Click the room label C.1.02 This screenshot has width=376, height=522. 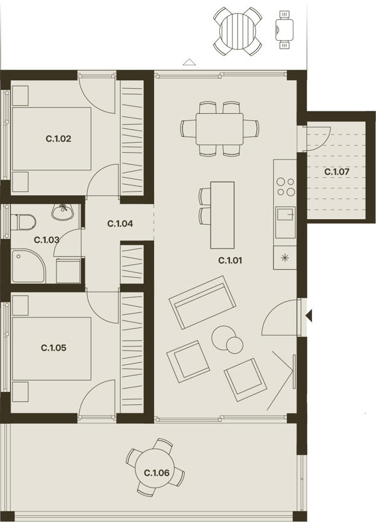click(x=58, y=138)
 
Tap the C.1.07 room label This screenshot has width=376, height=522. click(x=337, y=171)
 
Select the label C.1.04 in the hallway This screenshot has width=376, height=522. click(x=120, y=223)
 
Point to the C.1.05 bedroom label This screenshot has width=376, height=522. click(x=54, y=348)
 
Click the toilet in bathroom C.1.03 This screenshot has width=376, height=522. click(x=23, y=222)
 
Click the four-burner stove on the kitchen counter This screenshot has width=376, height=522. click(x=286, y=187)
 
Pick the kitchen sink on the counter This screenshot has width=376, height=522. click(x=285, y=222)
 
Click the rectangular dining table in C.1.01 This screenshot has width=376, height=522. click(x=219, y=129)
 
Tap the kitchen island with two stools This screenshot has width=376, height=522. click(x=222, y=215)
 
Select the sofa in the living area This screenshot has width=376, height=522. click(x=202, y=302)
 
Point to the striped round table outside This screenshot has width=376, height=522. click(x=238, y=31)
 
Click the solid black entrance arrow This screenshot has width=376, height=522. click(x=310, y=315)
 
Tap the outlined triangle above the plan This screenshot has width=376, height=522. click(x=189, y=61)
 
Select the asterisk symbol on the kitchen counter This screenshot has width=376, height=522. click(x=285, y=257)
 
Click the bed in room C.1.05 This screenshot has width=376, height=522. click(x=51, y=349)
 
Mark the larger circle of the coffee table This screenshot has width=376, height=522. click(x=223, y=337)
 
